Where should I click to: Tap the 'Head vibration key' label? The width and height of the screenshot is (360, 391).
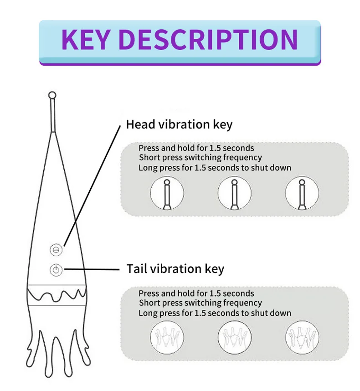(179, 124)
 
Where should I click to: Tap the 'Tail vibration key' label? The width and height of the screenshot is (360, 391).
(175, 269)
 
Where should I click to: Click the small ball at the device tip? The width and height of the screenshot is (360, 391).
(52, 95)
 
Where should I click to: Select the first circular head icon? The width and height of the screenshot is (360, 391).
(167, 193)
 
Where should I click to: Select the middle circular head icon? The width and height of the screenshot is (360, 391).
(235, 193)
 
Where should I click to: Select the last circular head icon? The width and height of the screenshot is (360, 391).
(302, 193)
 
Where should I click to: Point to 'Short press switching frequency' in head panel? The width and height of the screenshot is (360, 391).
(201, 158)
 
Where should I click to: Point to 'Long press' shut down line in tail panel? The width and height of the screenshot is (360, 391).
(215, 313)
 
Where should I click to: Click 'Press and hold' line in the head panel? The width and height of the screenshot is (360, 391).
(196, 148)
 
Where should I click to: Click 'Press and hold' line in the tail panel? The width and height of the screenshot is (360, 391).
(196, 293)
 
